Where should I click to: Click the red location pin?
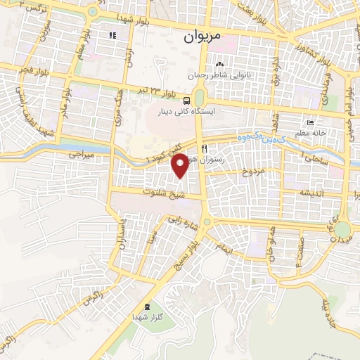point(181,165)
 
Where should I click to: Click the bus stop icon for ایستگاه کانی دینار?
point(186,100)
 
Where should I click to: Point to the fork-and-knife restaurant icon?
point(204,148)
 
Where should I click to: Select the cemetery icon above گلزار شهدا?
point(146,307)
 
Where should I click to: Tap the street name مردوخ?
point(252,171)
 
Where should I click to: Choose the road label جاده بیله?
point(330,307)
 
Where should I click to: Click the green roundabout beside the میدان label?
point(342,230)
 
